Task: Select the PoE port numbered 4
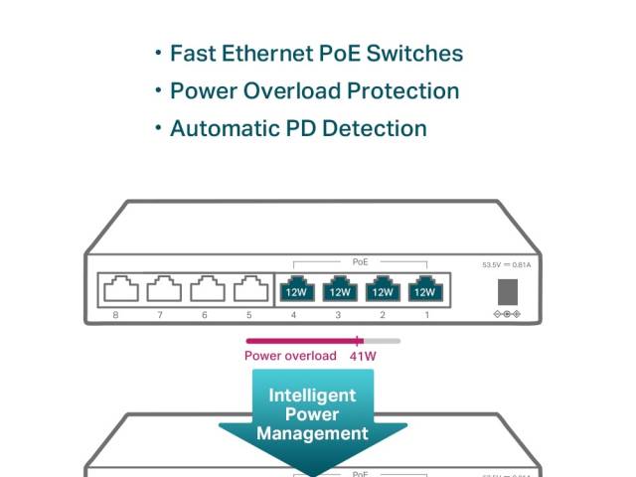point(295,289)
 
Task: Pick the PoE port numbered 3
point(339,289)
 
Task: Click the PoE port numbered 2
point(382,289)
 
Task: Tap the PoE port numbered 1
point(424,289)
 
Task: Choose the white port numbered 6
point(207,289)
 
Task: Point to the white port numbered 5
point(250,289)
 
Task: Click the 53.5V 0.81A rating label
point(506,265)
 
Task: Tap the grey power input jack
point(507,290)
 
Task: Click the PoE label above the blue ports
point(360,262)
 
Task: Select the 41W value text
point(363,356)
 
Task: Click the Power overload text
point(290,356)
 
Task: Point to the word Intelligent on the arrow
point(312,396)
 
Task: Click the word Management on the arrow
point(312,433)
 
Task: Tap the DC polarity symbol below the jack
point(507,314)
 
